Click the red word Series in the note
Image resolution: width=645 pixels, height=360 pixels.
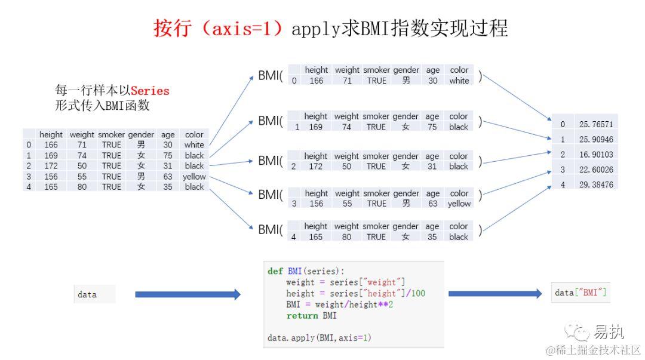150,91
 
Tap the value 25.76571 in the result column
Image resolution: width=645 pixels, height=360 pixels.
595,124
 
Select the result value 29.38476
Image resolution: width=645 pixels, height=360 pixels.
595,185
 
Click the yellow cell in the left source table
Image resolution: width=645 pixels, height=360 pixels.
194,177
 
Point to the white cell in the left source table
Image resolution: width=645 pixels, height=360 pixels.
194,145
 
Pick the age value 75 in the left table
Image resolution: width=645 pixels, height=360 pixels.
168,156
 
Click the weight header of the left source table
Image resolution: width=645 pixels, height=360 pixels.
82,135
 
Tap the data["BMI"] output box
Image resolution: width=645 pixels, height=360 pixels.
580,293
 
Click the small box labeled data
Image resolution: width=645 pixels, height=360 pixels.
94,294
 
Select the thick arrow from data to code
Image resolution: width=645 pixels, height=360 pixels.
188,294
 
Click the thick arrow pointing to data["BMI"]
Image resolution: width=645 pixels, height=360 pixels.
499,294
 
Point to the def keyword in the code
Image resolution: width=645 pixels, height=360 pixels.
275,271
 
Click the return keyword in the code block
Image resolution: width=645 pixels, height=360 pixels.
302,315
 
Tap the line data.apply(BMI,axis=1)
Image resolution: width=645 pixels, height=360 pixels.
319,338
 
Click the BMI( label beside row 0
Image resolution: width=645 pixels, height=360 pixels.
271,76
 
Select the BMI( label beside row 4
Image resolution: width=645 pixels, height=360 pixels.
271,230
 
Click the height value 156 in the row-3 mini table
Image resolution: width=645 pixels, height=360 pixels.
316,204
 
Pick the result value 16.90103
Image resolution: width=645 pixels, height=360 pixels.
595,155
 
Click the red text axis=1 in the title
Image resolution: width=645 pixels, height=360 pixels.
244,29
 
